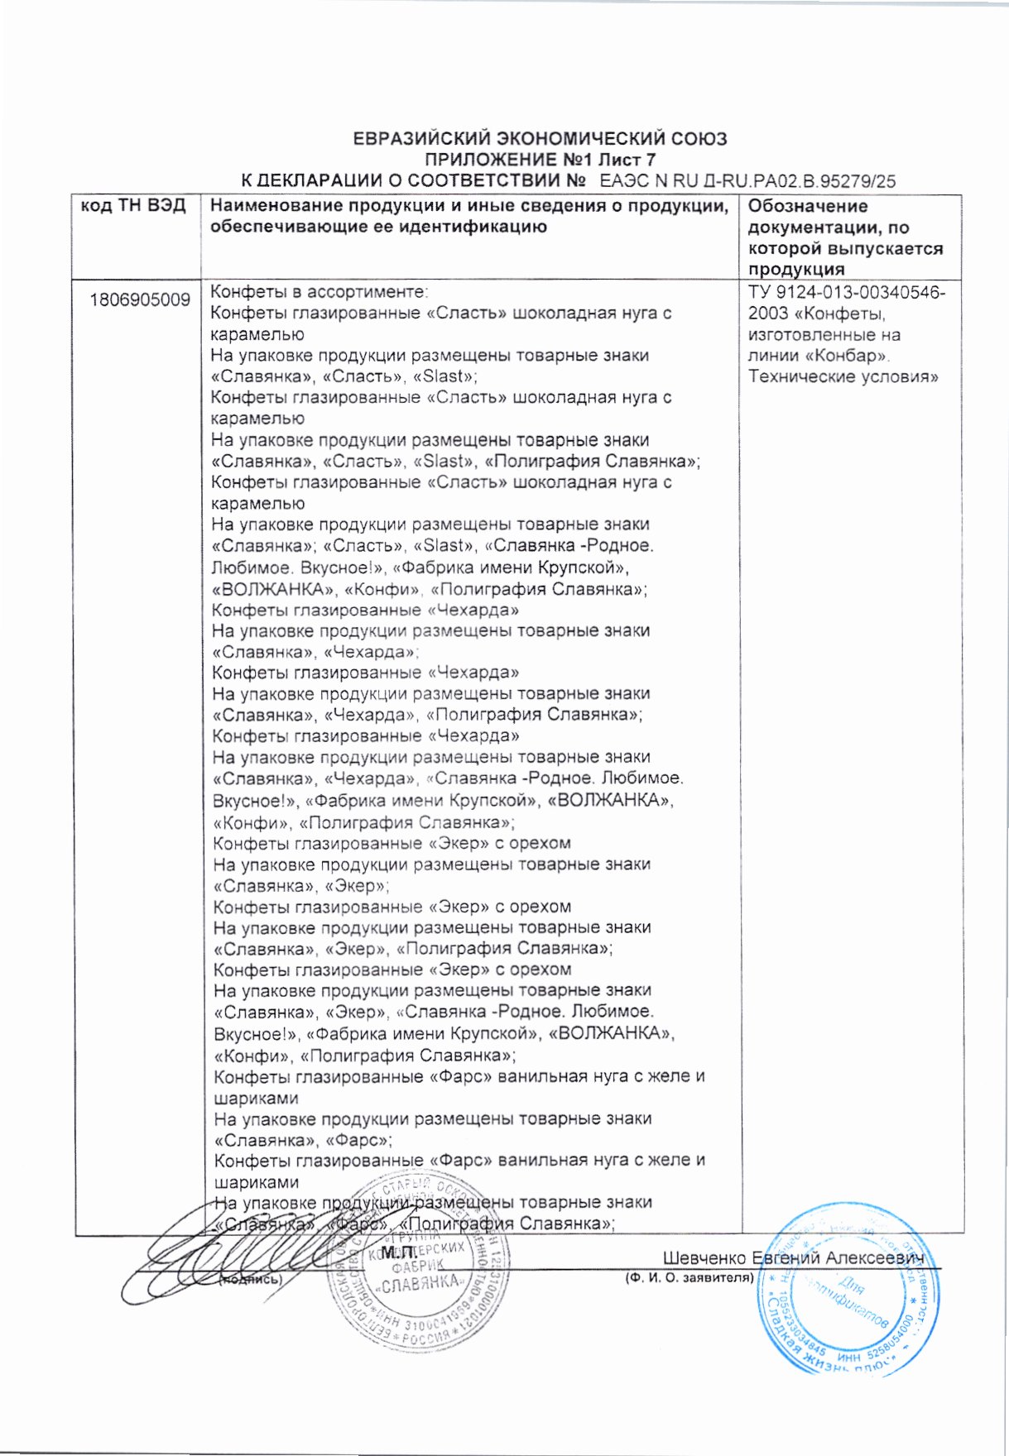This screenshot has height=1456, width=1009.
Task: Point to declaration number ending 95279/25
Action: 747,181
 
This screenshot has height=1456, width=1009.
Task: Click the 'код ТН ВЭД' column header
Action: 132,206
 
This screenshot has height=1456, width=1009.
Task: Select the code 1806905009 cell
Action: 140,299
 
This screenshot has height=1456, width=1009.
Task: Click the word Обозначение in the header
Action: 808,206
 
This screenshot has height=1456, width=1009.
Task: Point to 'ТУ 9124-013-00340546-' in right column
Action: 847,293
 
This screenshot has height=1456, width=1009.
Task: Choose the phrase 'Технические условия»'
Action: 843,377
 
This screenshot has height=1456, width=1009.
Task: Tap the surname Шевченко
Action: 704,1258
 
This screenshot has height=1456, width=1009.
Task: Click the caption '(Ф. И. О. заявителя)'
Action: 689,1277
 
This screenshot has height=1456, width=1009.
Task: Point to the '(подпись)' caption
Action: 250,1279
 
